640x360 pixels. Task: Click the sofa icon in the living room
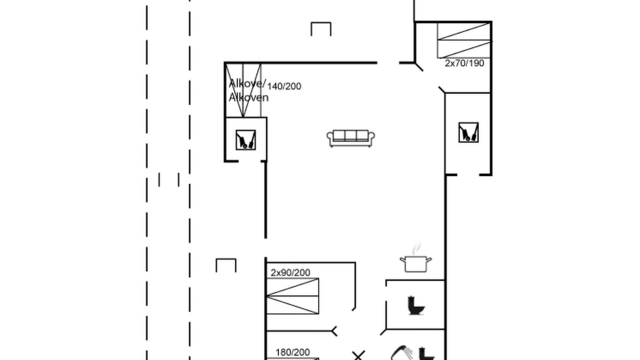click(x=350, y=138)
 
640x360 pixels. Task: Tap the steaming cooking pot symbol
click(x=415, y=258)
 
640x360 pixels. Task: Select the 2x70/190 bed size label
click(x=464, y=63)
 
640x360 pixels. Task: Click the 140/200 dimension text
click(x=284, y=86)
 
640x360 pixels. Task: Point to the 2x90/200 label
click(x=290, y=272)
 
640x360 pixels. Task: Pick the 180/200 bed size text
click(x=292, y=352)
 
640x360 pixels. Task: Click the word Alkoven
click(x=248, y=97)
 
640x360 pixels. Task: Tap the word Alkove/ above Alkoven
click(x=247, y=83)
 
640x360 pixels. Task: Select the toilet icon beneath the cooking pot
click(x=416, y=305)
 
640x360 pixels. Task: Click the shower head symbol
click(x=401, y=353)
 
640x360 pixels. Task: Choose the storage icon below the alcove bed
click(x=245, y=139)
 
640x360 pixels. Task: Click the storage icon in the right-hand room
click(x=468, y=132)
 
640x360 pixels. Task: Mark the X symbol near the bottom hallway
click(x=358, y=355)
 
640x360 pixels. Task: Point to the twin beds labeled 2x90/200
click(x=292, y=296)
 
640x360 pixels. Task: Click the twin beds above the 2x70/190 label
click(x=464, y=40)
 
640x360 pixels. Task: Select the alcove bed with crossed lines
click(x=243, y=90)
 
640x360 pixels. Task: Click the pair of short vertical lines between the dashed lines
click(x=169, y=179)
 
